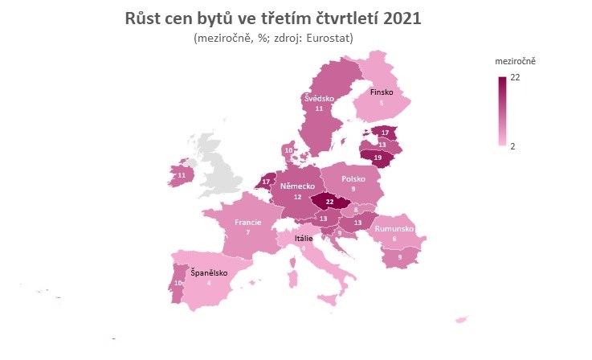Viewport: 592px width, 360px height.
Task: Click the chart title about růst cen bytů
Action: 273,18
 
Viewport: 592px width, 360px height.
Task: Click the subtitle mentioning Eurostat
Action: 273,38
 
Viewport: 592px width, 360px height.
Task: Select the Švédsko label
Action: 319,98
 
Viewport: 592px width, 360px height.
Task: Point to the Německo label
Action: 297,186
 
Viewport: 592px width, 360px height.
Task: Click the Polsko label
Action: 353,179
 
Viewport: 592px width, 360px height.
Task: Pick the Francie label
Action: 248,222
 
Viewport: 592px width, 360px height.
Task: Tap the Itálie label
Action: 304,239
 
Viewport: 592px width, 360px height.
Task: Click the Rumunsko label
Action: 394,229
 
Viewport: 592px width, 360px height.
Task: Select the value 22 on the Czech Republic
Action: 329,202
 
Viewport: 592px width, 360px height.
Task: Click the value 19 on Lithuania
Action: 378,158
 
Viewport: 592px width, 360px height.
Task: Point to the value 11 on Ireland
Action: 182,175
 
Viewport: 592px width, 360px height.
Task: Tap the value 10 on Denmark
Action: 289,150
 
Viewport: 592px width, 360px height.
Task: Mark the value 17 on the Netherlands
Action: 267,182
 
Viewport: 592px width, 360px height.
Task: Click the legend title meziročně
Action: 516,61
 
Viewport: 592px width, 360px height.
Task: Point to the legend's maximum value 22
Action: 516,78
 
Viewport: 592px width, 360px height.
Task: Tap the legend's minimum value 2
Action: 513,145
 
